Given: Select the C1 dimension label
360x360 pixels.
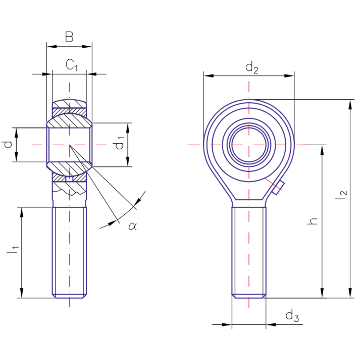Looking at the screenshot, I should pos(71,65).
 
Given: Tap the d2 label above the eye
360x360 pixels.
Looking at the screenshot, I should pos(251,67).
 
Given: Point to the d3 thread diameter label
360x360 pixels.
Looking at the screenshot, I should pos(292,316).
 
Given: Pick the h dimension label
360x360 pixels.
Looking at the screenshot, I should pos(313,221).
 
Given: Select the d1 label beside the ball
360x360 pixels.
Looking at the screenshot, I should pos(118,143).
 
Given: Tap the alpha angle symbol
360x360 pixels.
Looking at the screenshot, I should pos(133,226).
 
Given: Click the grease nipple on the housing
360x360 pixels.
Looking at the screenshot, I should pos(278,188).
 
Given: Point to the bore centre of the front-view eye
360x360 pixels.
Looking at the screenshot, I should pos(249,145).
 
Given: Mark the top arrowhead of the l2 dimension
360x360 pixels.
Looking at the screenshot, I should pos(350,104).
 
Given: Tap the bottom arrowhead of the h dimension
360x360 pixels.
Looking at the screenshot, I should pos(322,293).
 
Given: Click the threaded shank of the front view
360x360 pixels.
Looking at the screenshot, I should pos(249,251).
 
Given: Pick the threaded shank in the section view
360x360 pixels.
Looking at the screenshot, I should pos(69,251).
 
